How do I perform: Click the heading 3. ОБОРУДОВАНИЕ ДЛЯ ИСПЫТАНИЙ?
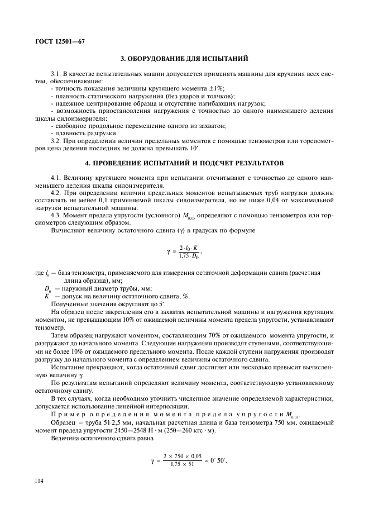184,58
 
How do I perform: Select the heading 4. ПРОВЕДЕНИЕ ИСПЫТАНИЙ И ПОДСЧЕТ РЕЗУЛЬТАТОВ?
184,163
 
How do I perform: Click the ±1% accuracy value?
215,88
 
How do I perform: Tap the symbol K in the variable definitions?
47,296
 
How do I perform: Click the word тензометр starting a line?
45,328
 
